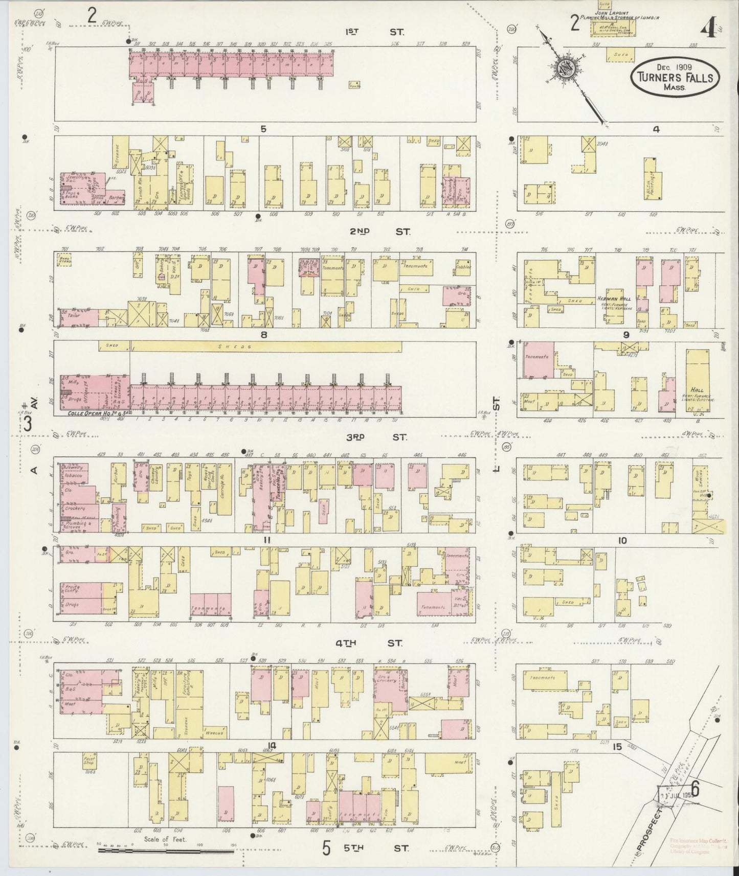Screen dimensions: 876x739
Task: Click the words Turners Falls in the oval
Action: tap(675, 78)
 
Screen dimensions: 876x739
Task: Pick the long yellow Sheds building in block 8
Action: tap(266, 347)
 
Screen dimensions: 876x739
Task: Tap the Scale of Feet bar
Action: tap(165, 851)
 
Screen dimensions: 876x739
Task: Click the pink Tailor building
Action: tap(78, 317)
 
